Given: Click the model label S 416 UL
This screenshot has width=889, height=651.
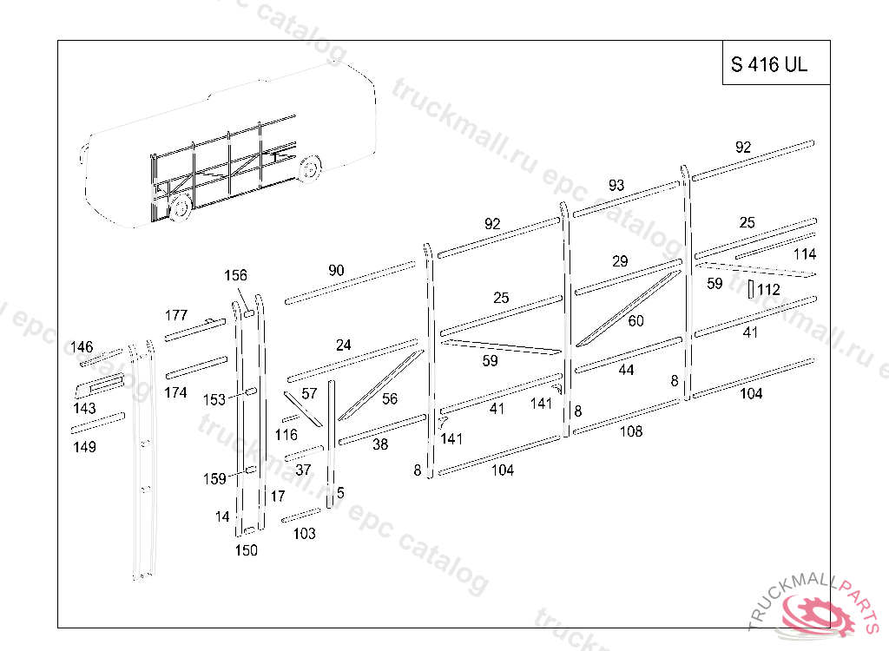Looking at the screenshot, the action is click(768, 64).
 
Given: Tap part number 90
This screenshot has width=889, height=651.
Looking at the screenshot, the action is click(336, 271).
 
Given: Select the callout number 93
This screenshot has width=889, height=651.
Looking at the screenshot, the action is click(616, 185).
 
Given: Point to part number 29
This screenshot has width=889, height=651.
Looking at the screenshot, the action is click(619, 261).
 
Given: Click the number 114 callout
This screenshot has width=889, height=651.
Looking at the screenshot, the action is click(805, 254).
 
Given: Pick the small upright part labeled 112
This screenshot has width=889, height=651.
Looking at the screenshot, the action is click(750, 289).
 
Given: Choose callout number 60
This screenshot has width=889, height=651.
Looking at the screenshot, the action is click(635, 321).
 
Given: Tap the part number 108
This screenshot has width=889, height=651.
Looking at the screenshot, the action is click(631, 431).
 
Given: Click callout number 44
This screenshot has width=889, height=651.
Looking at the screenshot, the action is click(626, 370).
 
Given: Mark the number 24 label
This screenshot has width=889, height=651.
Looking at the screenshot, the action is click(344, 345).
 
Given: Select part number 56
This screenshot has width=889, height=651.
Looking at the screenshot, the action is click(390, 398).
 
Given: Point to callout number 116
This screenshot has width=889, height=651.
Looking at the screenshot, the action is click(286, 434).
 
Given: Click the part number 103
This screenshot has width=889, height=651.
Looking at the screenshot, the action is click(305, 534).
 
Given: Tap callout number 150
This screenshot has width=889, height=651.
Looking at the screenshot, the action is click(247, 550).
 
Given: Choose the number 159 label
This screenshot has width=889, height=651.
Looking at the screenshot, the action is click(214, 478).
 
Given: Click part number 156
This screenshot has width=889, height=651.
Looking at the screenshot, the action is click(235, 276).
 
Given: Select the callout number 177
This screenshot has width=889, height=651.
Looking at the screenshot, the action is click(176, 314).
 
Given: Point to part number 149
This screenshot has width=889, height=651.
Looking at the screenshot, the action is click(84, 447).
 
